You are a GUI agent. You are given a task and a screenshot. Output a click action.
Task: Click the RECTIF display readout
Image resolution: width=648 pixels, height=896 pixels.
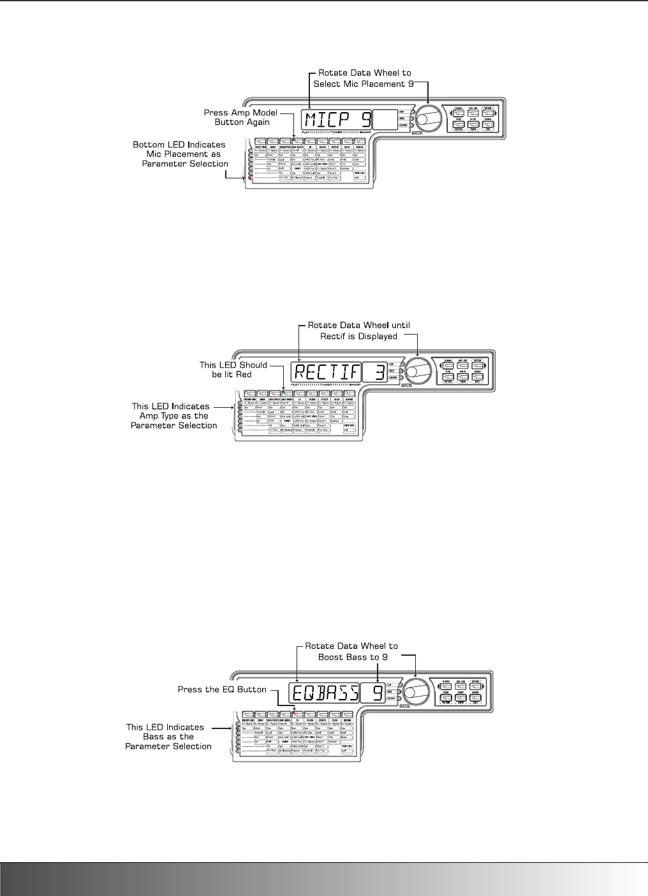pos(325,372)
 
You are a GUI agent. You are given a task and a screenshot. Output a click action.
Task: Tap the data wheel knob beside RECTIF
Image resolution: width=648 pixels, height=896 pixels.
pos(418,370)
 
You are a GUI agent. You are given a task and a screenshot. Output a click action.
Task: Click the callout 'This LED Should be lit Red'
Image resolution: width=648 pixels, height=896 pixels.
pos(233,370)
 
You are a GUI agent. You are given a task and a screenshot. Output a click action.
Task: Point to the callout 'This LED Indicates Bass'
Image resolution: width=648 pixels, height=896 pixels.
pos(169,736)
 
